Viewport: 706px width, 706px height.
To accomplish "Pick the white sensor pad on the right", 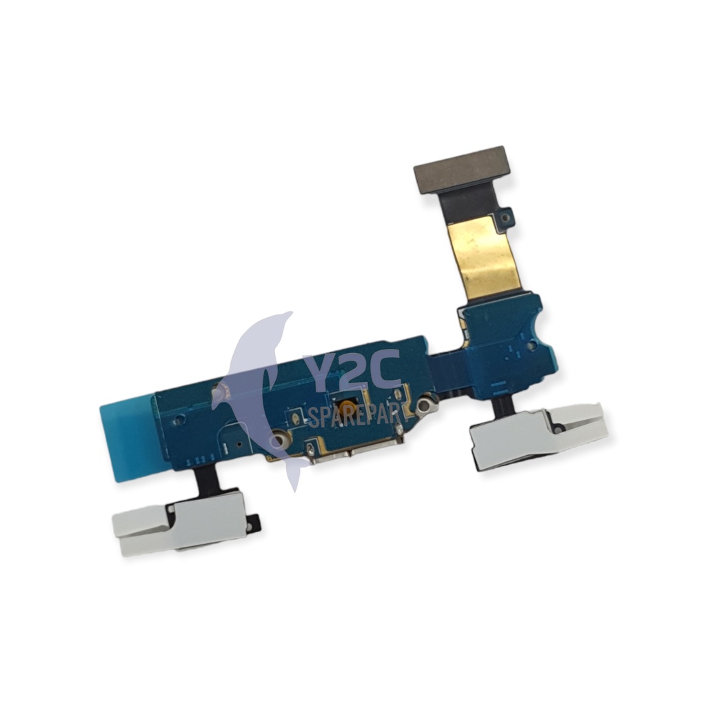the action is (x=538, y=435).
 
